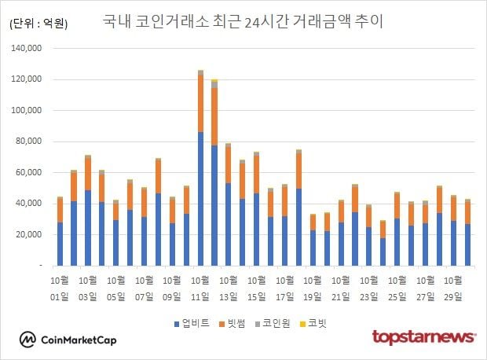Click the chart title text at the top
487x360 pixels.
pos(243,20)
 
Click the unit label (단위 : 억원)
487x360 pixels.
pos(38,24)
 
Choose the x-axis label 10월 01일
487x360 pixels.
pos(60,288)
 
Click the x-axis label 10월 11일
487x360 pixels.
pos(201,288)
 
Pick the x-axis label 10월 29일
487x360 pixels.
pos(454,288)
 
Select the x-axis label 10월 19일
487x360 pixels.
pos(313,288)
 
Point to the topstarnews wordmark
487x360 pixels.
pos(423,337)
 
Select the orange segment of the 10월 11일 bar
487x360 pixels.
pos(201,103)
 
